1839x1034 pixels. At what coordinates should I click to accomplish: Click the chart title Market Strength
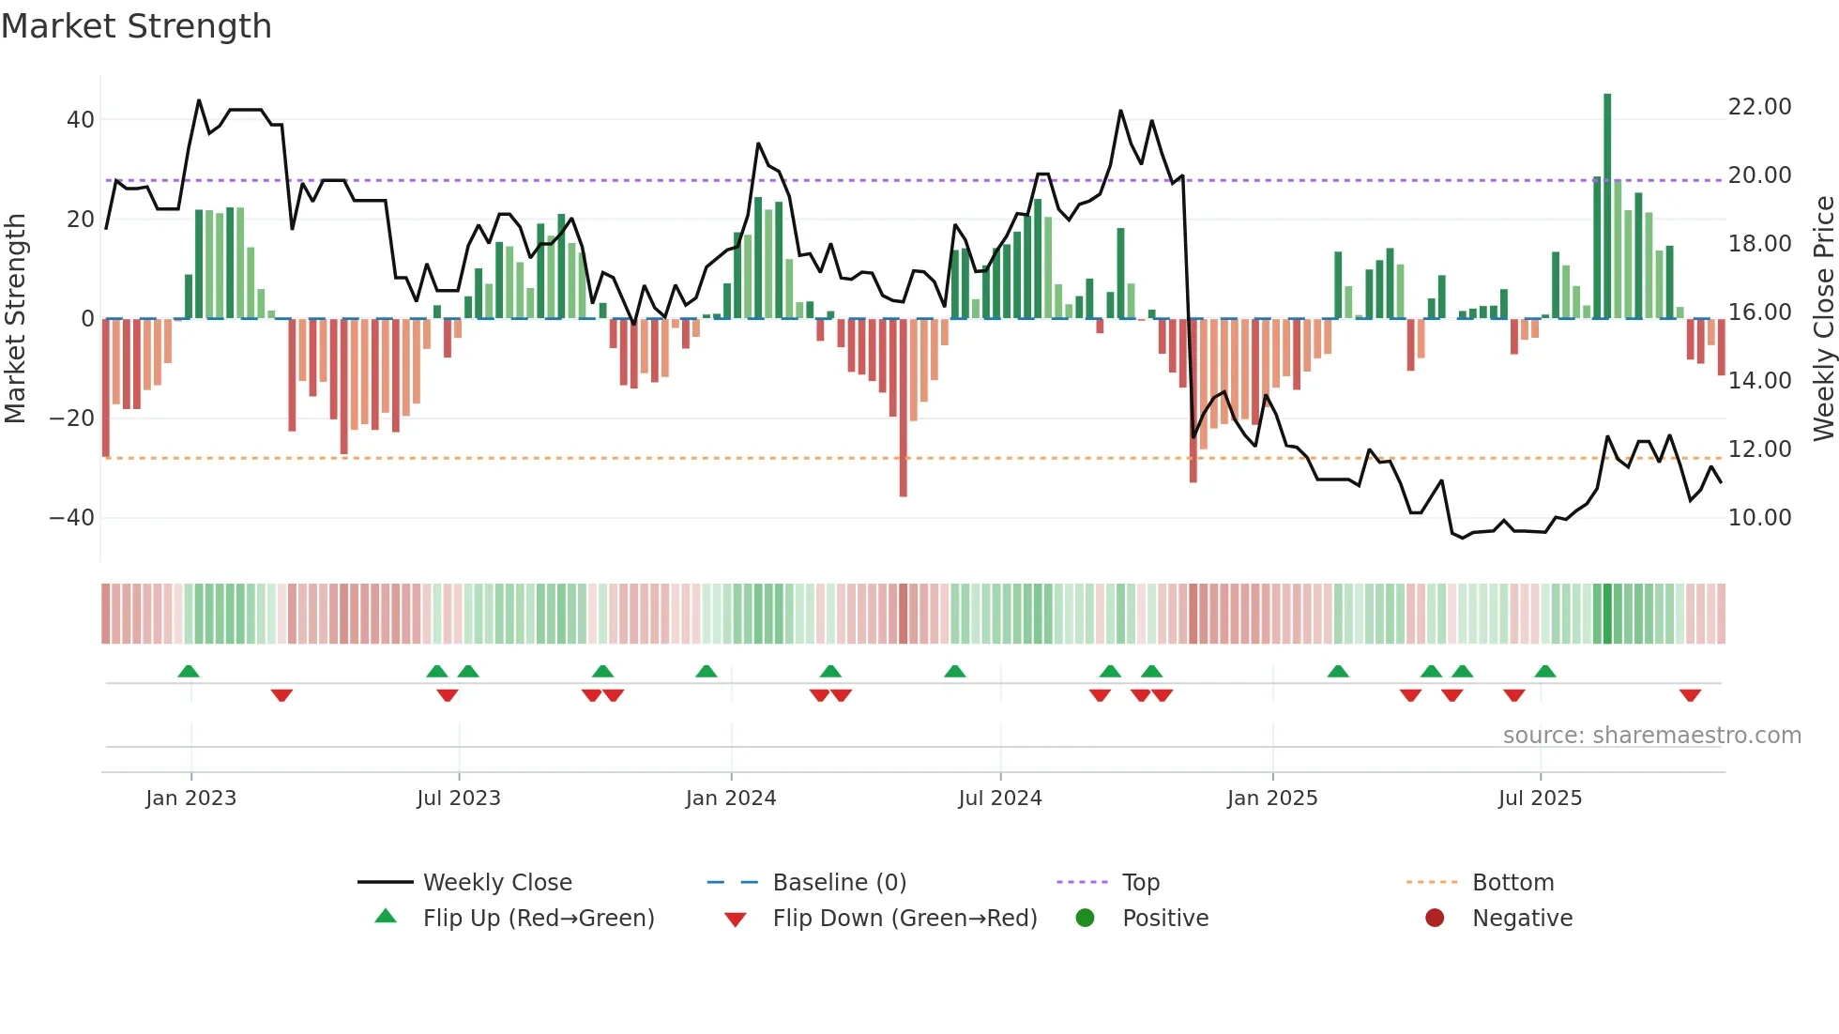tap(136, 26)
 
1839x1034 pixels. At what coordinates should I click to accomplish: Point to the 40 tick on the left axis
tap(81, 120)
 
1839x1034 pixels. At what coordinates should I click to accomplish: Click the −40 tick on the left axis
tap(72, 518)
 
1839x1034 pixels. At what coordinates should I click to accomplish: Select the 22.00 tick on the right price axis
tap(1759, 107)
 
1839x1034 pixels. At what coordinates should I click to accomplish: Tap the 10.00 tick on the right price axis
tap(1759, 518)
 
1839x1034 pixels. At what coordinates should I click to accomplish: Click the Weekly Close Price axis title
tap(1823, 319)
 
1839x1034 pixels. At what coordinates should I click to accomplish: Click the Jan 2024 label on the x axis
tap(731, 798)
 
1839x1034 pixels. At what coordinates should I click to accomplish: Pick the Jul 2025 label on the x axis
tap(1540, 798)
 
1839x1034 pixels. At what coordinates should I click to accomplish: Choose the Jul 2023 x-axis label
tap(459, 798)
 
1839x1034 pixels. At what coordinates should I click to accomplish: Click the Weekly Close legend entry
tap(496, 883)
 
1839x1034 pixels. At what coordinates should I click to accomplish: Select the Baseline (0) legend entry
tap(839, 883)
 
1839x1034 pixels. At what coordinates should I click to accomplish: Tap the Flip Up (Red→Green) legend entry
tap(538, 919)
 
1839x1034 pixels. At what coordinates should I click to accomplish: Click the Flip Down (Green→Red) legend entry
tap(904, 919)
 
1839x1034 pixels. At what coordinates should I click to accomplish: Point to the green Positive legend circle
tap(1086, 919)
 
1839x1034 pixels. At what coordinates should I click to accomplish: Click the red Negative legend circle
tap(1435, 919)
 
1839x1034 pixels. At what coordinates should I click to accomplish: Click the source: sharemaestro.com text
tap(1651, 736)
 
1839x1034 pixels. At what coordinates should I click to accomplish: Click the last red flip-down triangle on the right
tap(1691, 695)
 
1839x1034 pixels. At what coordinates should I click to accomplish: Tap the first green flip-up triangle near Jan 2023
tap(189, 671)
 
